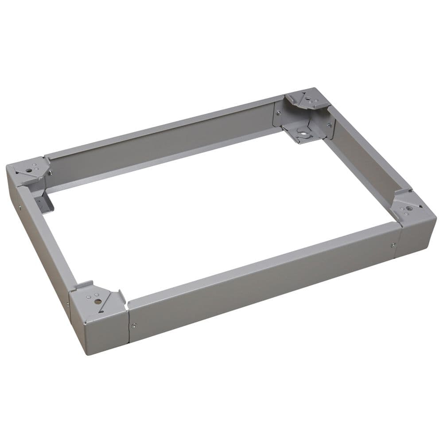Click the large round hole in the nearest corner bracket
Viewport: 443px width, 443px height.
(97, 301)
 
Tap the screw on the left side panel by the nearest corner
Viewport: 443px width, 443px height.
(67, 304)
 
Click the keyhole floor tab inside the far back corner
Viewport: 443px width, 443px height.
(303, 131)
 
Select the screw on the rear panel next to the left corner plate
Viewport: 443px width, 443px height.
(50, 173)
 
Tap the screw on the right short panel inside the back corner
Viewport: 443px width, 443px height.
(329, 125)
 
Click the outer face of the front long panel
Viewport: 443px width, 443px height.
(261, 284)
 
